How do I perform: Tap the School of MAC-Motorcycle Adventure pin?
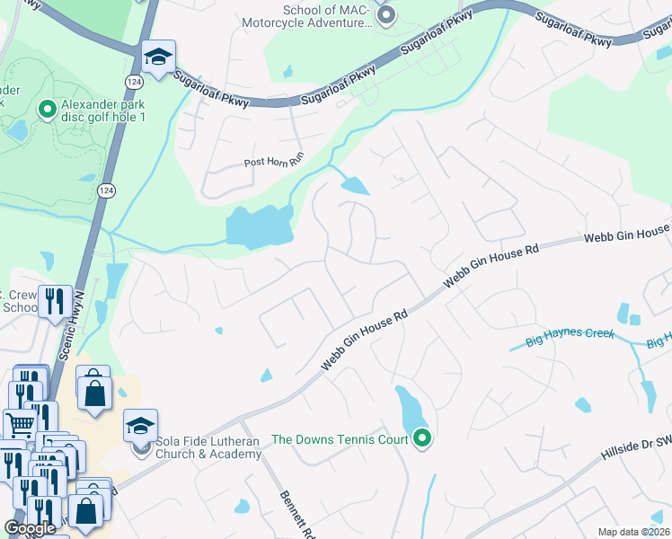coord(387,15)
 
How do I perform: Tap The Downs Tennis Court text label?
coord(340,439)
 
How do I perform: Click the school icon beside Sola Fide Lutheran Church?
coord(140,425)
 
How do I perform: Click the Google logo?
coord(31,528)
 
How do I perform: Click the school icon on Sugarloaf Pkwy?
coord(158,59)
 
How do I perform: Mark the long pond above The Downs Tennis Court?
coord(409,408)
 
